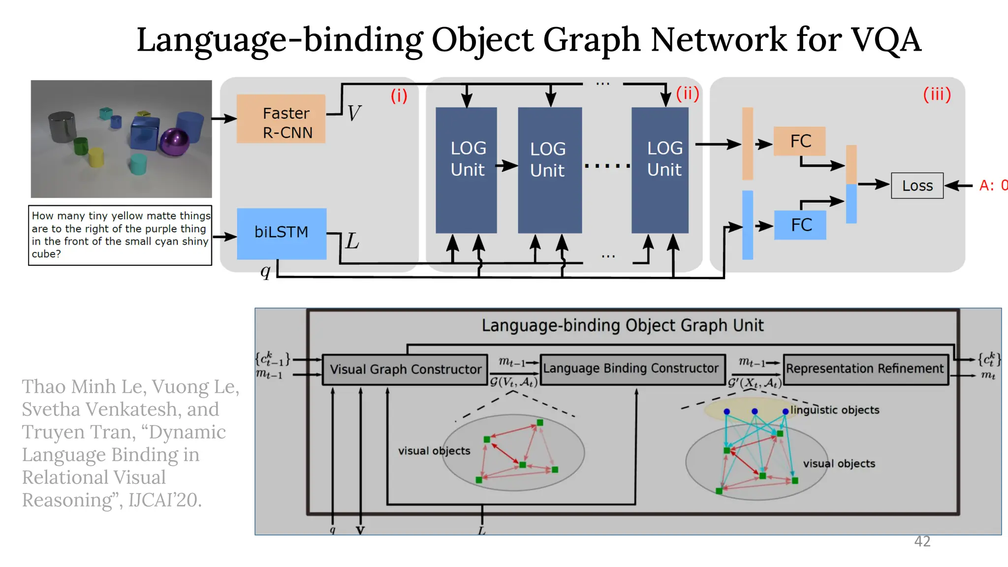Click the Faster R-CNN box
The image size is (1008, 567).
click(281, 119)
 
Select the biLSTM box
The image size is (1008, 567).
click(282, 233)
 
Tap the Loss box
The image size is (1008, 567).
click(917, 186)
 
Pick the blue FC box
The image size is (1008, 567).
click(800, 225)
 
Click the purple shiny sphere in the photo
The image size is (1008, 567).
click(175, 142)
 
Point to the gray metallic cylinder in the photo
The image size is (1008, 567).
click(63, 127)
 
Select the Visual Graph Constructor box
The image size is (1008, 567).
click(405, 369)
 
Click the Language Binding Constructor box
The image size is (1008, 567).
click(631, 368)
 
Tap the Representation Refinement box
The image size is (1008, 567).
click(865, 369)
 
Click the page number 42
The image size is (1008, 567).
click(922, 541)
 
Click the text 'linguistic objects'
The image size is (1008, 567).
click(835, 410)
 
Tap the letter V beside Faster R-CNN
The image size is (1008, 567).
click(354, 113)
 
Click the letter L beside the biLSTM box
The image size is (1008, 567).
click(352, 241)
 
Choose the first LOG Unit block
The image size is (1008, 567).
click(466, 170)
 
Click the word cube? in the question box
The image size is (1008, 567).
click(46, 254)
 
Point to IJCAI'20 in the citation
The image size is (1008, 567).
click(165, 500)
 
